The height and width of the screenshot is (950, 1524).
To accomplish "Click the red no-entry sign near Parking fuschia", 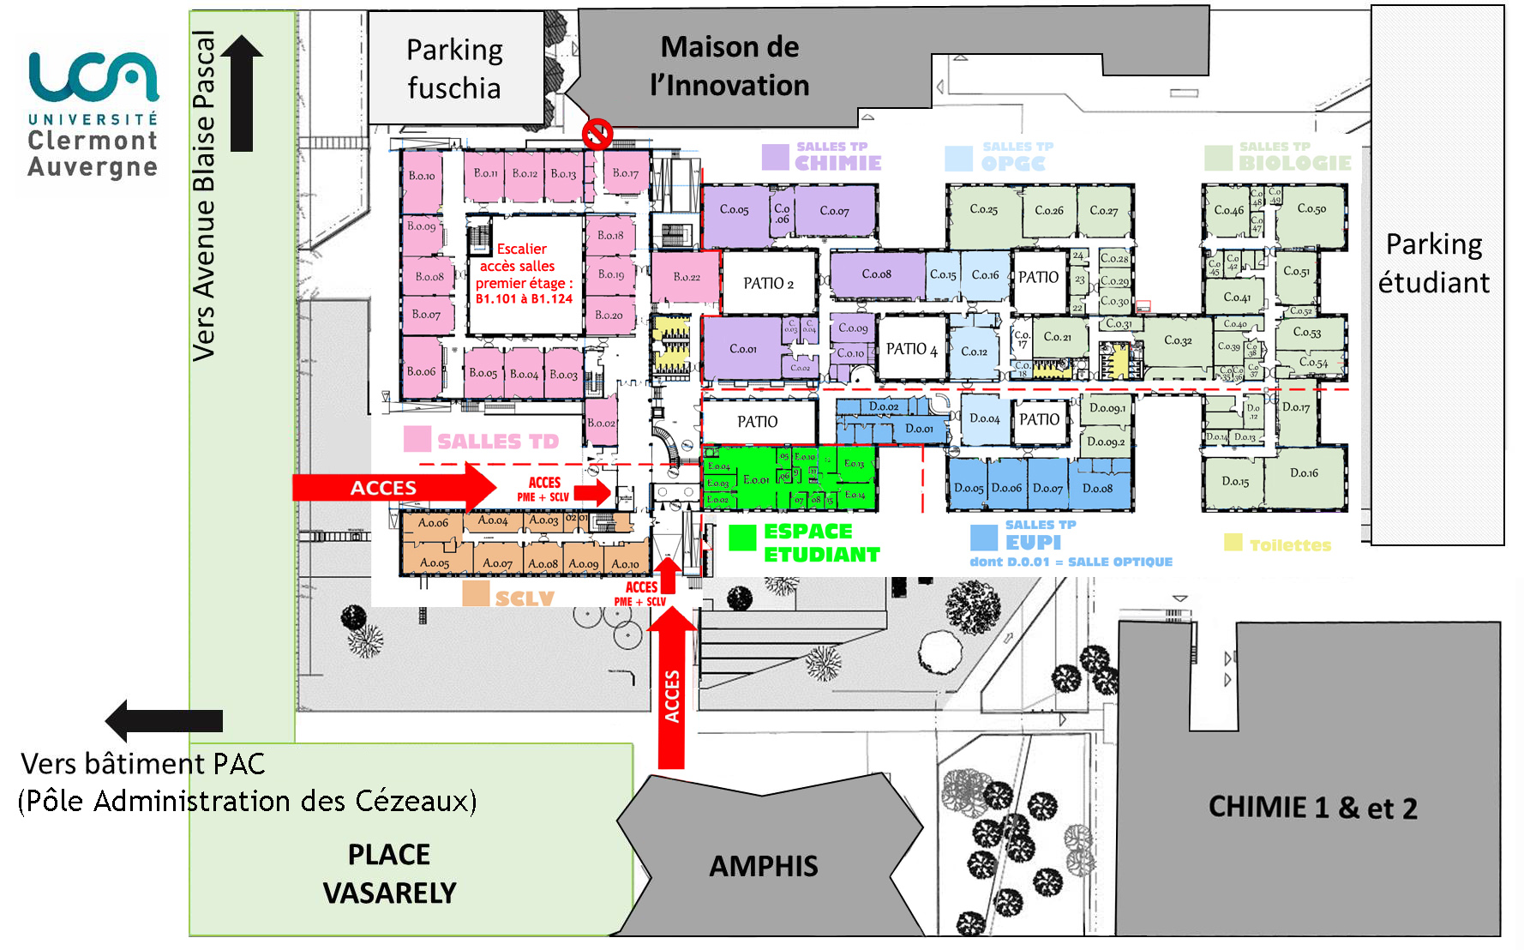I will click(x=597, y=134).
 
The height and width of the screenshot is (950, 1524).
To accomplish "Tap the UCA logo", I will click(x=93, y=115).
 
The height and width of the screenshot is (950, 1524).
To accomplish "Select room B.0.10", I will click(x=422, y=177).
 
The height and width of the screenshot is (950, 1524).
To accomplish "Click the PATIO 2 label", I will click(x=768, y=283).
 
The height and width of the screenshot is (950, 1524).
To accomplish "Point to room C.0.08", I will click(x=876, y=274).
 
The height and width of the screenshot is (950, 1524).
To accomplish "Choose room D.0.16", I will click(x=1304, y=473).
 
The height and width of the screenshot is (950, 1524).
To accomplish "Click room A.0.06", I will click(x=433, y=522).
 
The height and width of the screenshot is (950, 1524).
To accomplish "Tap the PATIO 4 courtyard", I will click(x=911, y=349).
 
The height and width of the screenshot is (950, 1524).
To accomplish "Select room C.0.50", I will click(x=1311, y=209).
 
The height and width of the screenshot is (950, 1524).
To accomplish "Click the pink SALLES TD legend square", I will click(x=417, y=440).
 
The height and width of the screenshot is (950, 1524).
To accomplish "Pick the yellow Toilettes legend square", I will click(x=1233, y=543).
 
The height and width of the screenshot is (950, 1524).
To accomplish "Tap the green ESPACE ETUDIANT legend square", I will click(x=742, y=538).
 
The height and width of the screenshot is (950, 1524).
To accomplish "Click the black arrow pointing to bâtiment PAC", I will click(x=164, y=720).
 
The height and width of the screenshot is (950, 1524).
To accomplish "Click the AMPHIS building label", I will click(x=764, y=866).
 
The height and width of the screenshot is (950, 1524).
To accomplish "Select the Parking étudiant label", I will click(x=1434, y=263).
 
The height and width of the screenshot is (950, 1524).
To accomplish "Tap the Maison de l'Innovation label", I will click(x=729, y=66).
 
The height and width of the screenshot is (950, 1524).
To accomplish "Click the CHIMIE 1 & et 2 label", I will click(x=1312, y=808).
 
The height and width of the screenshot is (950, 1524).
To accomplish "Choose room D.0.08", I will click(x=1097, y=489).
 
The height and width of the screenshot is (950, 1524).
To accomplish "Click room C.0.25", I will click(x=983, y=209).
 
